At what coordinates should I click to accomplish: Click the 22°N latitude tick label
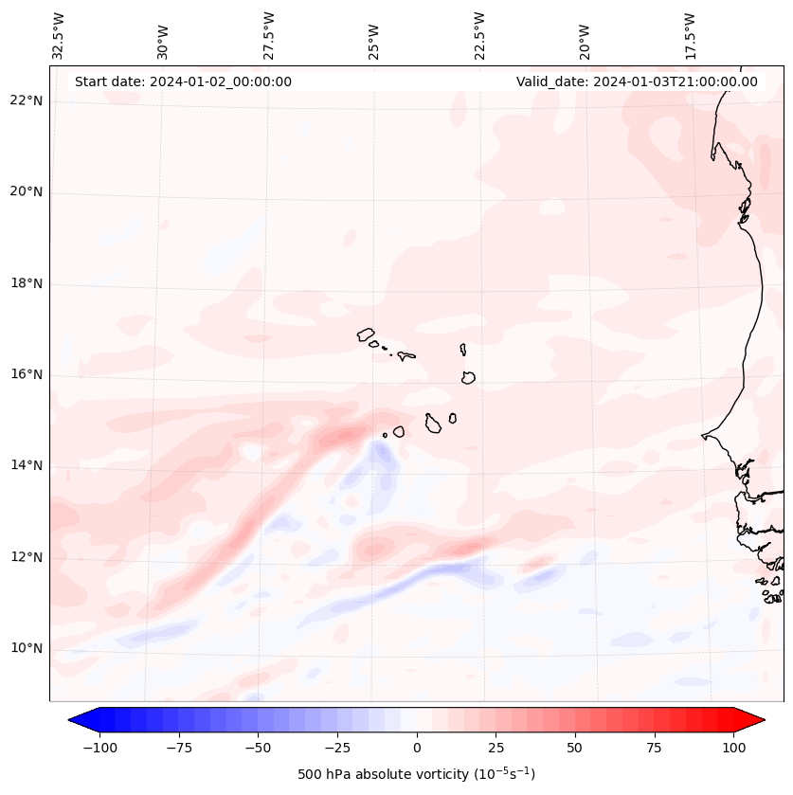[27, 101]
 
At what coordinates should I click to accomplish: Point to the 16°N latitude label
[27, 375]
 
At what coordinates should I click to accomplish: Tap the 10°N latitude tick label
[27, 649]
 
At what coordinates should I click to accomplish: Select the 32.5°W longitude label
[59, 36]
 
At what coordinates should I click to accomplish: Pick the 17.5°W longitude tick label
[691, 36]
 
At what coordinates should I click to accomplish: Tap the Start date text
[183, 81]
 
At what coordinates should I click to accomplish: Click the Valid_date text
[637, 81]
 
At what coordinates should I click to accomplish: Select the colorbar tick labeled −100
[99, 748]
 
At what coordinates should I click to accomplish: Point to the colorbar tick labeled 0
[416, 748]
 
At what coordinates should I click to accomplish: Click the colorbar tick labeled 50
[575, 748]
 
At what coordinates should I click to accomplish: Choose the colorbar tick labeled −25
[337, 748]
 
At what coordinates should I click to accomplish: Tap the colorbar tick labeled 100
[733, 748]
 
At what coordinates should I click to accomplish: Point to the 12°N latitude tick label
[27, 557]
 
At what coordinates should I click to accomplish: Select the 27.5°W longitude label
[269, 36]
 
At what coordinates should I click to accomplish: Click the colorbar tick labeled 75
[654, 748]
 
